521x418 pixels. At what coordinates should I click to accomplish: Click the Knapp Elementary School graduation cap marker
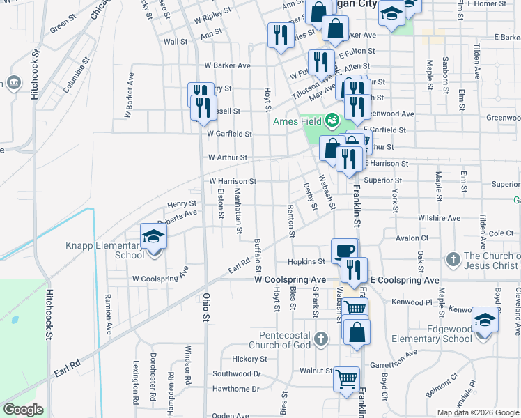(154, 237)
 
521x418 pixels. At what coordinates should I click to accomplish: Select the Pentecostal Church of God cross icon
(320, 339)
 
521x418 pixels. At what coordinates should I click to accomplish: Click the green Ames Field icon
(332, 121)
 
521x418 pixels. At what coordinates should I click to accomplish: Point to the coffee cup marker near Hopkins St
(344, 252)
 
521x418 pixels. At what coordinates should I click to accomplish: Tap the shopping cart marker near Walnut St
(346, 380)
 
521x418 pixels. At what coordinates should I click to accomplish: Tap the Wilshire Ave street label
(439, 218)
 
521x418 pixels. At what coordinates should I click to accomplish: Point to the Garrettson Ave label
(393, 353)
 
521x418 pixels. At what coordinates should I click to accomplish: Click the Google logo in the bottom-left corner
(23, 410)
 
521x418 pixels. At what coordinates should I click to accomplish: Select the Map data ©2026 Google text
(478, 412)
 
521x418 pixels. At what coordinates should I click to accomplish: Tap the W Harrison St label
(233, 181)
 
